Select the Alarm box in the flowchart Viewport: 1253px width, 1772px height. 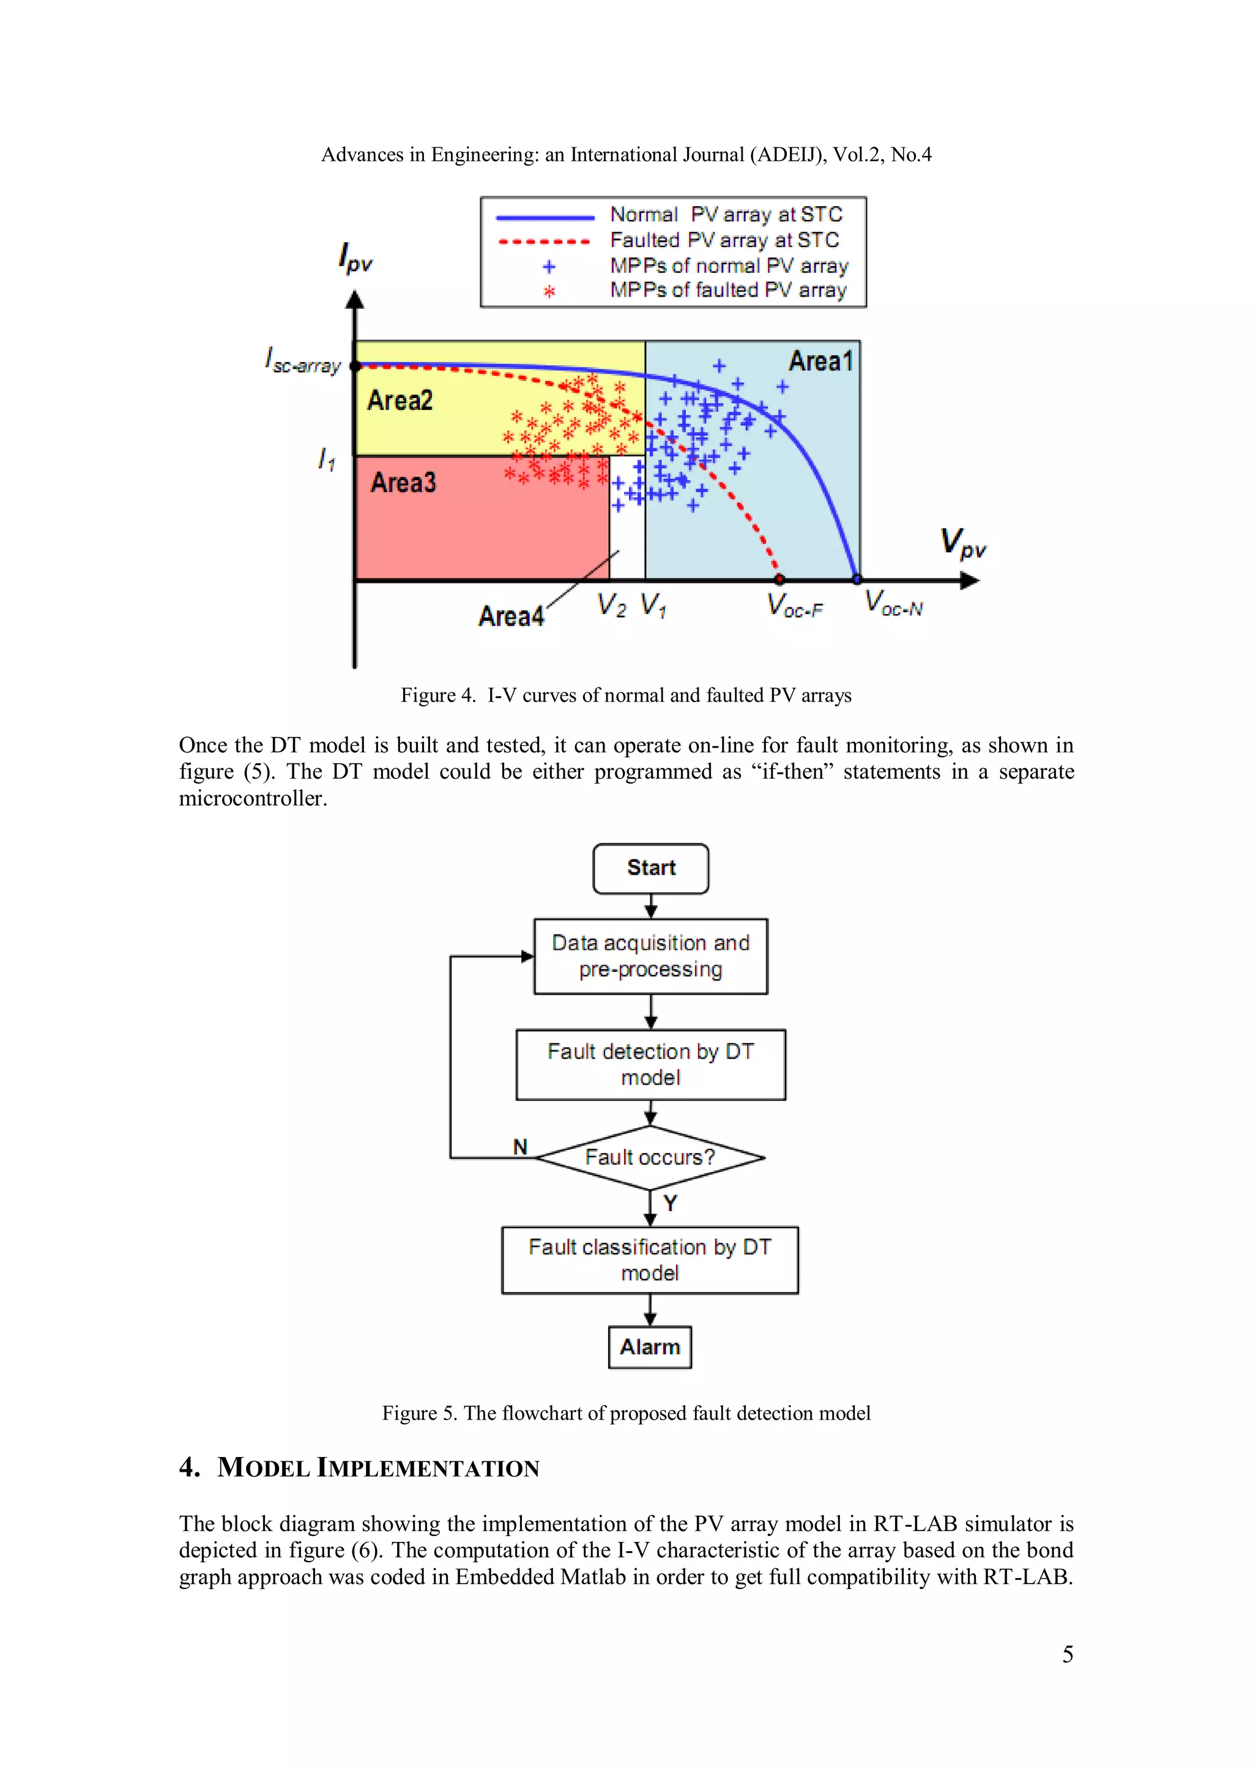[649, 1347]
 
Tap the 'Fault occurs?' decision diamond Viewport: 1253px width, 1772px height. [649, 1157]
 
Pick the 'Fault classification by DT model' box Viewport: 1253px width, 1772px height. [649, 1259]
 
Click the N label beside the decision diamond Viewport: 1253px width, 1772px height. [520, 1147]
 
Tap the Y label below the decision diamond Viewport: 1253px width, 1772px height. [670, 1203]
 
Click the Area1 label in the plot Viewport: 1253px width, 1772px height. [820, 361]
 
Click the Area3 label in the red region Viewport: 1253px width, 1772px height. [403, 483]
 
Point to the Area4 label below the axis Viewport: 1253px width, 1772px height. [510, 617]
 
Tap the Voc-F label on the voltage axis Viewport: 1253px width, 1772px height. [794, 606]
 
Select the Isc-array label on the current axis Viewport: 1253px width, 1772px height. [303, 361]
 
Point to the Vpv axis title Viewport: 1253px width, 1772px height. [962, 543]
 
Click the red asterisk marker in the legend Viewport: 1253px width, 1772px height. [549, 292]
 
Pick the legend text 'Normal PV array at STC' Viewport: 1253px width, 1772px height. [726, 214]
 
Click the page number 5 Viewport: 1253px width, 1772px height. [1067, 1654]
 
